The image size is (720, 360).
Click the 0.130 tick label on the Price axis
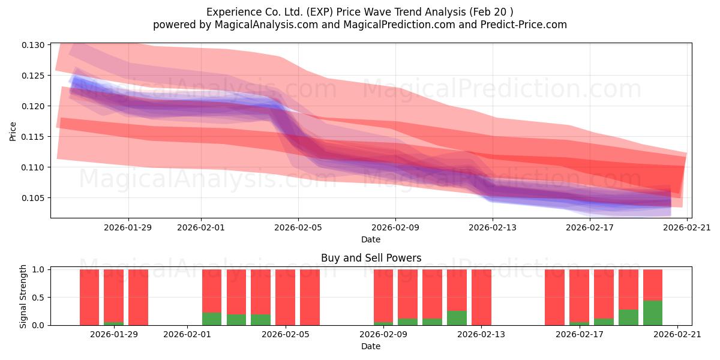33,45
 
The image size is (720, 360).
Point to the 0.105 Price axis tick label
33,198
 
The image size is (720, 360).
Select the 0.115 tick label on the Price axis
33,137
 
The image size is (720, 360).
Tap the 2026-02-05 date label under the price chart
298,227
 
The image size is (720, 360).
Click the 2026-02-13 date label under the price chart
493,227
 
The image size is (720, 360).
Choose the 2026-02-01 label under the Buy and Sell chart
187,334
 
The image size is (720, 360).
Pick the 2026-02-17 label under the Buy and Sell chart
580,334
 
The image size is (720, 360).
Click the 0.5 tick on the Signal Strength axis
38,298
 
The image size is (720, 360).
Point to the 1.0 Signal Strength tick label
38,269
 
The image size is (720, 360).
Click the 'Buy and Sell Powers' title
371,258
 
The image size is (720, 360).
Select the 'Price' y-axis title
13,131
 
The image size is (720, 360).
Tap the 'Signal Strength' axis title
23,296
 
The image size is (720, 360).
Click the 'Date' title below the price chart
371,239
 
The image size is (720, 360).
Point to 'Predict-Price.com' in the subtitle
524,25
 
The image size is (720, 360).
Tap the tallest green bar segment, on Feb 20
653,313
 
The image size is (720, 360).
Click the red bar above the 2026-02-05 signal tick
285,298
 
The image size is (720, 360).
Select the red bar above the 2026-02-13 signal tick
481,298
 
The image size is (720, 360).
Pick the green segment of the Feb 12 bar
457,318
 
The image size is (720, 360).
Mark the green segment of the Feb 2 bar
212,319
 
